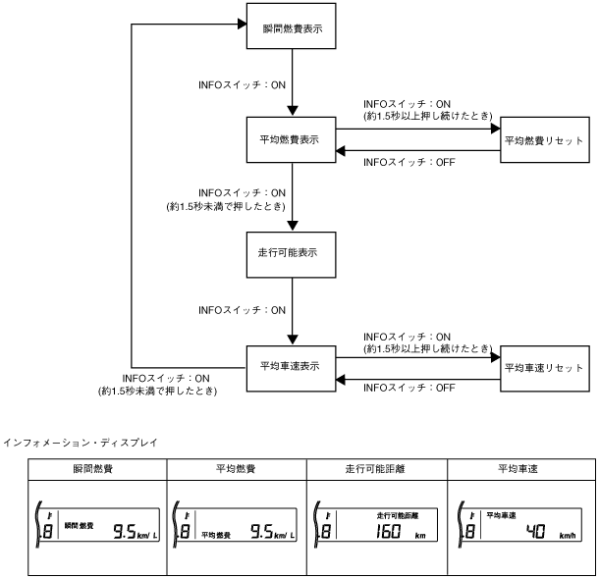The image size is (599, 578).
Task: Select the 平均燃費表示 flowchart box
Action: coord(294,139)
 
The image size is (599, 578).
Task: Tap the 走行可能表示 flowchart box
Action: coord(294,252)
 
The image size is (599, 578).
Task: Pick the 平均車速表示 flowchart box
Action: coord(294,365)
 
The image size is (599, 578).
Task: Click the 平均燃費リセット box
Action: coord(543,139)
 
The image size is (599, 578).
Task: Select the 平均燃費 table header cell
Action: coord(235,470)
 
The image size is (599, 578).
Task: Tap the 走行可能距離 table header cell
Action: coord(376,470)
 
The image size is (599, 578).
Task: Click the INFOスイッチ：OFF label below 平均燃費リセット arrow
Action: coord(408,163)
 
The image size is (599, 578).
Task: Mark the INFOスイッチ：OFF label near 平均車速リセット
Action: coord(408,389)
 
